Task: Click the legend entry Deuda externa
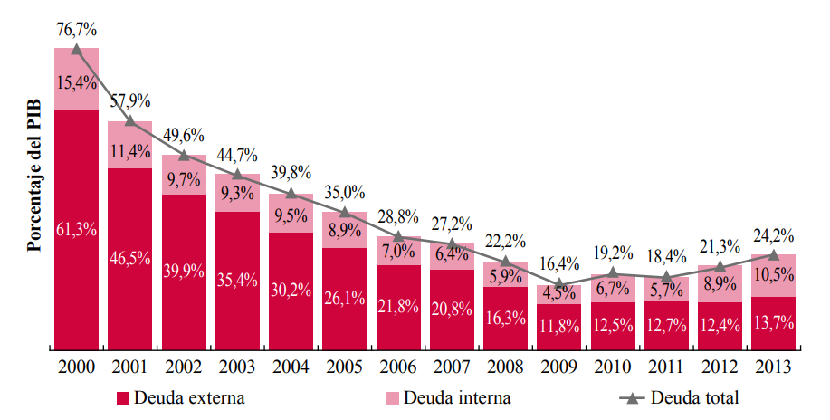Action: [x=181, y=397]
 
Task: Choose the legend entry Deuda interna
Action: [x=449, y=397]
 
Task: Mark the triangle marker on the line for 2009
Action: [x=559, y=285]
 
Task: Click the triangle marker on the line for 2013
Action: [x=774, y=255]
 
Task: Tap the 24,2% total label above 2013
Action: [x=774, y=235]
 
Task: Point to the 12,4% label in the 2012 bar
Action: [x=720, y=326]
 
